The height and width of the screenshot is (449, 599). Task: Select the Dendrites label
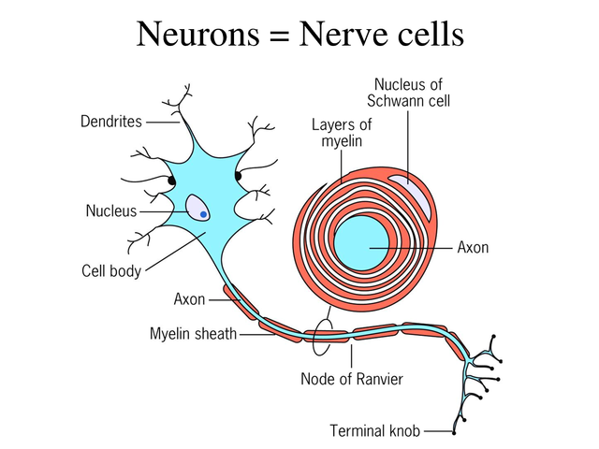coord(110,122)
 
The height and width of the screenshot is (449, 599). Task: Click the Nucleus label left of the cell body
coord(111,211)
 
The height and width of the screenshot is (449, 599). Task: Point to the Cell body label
coord(110,271)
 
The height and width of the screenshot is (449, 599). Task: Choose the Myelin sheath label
coord(193,333)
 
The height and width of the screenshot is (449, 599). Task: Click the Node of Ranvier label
coord(352,379)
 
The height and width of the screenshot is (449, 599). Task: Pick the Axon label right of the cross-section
coord(473,248)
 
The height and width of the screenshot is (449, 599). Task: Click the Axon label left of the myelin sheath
coord(189,300)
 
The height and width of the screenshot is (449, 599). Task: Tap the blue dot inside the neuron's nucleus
coord(203,214)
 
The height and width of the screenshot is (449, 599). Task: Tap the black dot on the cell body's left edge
coord(171,179)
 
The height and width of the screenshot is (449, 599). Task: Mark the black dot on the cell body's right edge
coord(239,175)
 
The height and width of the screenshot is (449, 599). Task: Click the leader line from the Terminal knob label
coord(436,431)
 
